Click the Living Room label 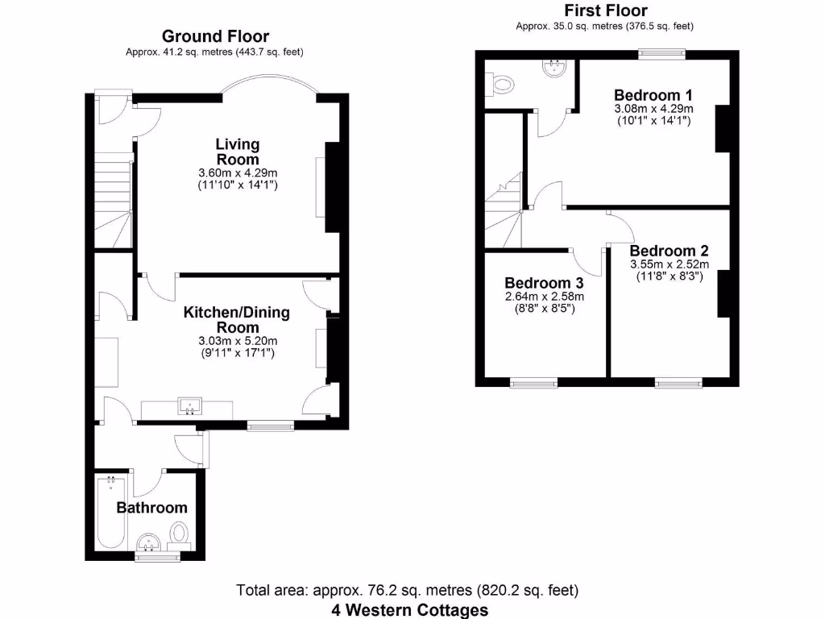click(238, 152)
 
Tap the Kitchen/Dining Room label click(237, 320)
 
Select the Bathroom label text click(151, 508)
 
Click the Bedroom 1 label click(653, 94)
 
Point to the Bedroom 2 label click(670, 251)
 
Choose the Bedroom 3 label click(544, 283)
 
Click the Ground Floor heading click(215, 36)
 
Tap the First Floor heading click(605, 10)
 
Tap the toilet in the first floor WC click(502, 82)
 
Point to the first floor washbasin click(556, 70)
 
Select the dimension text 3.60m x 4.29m click(238, 172)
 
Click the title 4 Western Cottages click(410, 609)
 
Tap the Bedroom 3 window click(533, 382)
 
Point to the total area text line click(407, 590)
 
